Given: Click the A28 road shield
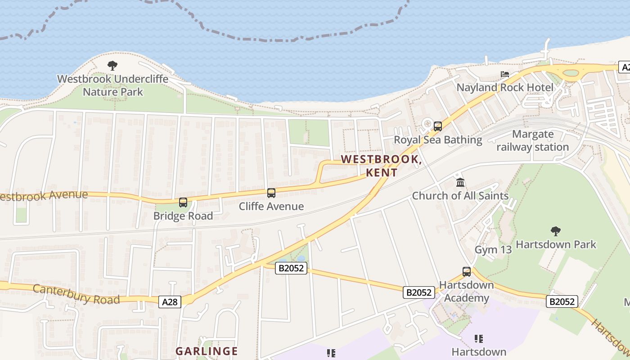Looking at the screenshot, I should pyautogui.click(x=170, y=302).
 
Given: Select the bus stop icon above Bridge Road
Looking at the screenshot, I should pyautogui.click(x=183, y=202).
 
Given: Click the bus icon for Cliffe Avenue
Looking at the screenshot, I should pyautogui.click(x=271, y=193).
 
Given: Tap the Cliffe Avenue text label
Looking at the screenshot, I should pyautogui.click(x=271, y=207).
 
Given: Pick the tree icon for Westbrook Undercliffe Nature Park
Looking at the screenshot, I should pyautogui.click(x=112, y=66).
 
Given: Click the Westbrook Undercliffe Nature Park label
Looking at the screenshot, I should pyautogui.click(x=112, y=85).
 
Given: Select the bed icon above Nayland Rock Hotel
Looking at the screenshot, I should pyautogui.click(x=505, y=74).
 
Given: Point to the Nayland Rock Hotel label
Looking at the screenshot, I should pyautogui.click(x=505, y=87).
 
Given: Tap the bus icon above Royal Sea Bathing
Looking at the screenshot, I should pyautogui.click(x=438, y=126).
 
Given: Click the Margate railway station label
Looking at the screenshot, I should pyautogui.click(x=533, y=140).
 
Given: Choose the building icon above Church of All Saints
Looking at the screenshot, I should pyautogui.click(x=460, y=183).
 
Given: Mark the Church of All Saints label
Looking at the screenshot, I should pyautogui.click(x=460, y=196).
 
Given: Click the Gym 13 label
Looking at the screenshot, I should pyautogui.click(x=493, y=250).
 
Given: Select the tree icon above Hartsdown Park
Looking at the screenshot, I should pyautogui.click(x=556, y=231).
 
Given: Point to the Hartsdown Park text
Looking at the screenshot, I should pyautogui.click(x=556, y=244).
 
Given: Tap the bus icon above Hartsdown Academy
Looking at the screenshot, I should pyautogui.click(x=467, y=272).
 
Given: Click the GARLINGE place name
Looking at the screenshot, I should pyautogui.click(x=207, y=351).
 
